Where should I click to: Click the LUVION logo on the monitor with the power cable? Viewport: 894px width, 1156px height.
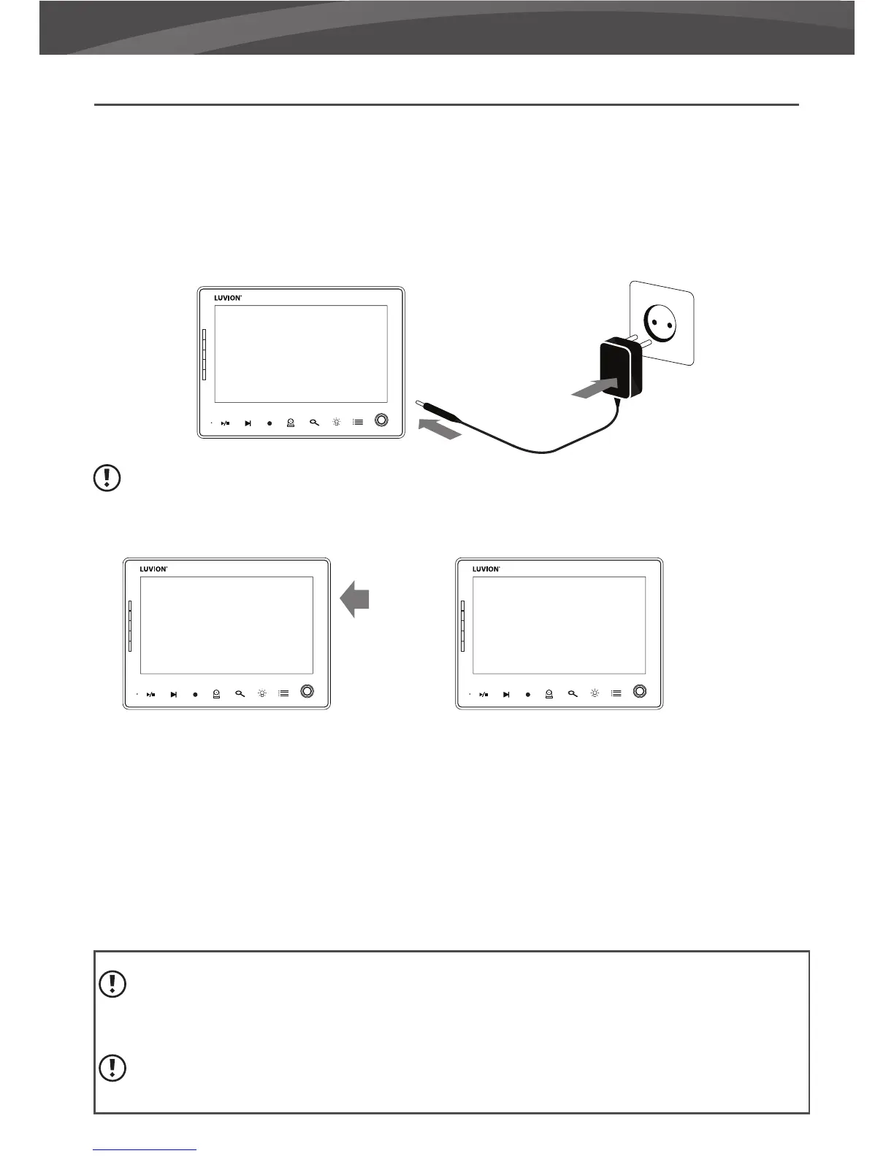(x=227, y=298)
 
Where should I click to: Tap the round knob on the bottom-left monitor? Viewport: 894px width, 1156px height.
(x=307, y=691)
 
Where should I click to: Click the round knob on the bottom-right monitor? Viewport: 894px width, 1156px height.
(x=640, y=691)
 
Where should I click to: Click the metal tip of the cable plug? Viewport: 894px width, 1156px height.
(x=421, y=404)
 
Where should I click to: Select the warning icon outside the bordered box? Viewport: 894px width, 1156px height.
(x=108, y=478)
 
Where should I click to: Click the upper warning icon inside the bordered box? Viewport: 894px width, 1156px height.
(x=112, y=984)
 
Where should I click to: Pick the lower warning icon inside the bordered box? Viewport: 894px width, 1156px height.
(x=112, y=1068)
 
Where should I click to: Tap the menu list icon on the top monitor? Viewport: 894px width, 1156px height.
(x=358, y=423)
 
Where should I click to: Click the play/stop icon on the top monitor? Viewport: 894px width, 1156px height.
(x=226, y=423)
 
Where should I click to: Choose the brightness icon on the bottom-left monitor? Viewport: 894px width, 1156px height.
(x=261, y=694)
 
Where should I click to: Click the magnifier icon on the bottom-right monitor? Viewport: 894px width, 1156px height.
(x=573, y=694)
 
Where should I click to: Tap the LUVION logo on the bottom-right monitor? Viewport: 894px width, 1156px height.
(x=486, y=569)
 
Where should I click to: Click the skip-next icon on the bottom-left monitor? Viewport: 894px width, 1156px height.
(x=173, y=695)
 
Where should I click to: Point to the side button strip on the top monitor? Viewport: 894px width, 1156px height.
(x=205, y=354)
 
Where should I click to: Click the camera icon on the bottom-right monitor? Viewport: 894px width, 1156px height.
(x=549, y=694)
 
